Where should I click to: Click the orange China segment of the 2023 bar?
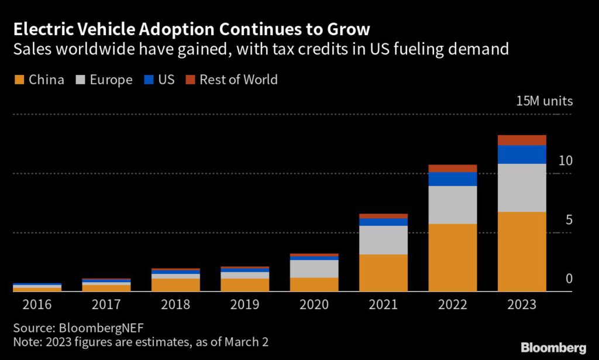[522, 251]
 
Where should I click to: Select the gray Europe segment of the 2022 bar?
[453, 205]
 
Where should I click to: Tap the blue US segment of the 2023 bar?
[522, 155]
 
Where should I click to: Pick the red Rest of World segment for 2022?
[453, 169]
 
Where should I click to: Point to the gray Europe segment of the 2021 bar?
[383, 240]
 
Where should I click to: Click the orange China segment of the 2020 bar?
[314, 284]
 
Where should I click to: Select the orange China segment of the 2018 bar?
[175, 284]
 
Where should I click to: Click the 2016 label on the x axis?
[37, 304]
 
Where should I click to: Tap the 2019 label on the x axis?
[245, 304]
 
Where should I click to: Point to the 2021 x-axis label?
[383, 304]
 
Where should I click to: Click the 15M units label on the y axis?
[544, 101]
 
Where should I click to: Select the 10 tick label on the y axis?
[565, 160]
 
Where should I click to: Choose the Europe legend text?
[111, 80]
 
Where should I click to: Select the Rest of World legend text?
[239, 80]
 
